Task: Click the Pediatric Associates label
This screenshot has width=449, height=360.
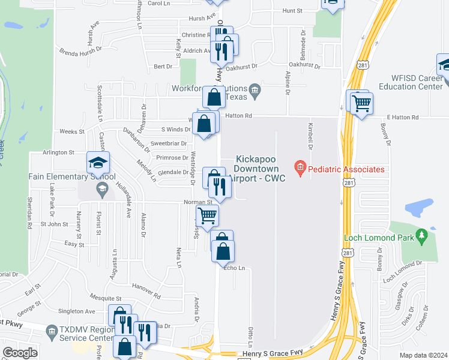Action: [x=347, y=170]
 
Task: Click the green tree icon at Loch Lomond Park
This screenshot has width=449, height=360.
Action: [x=421, y=233]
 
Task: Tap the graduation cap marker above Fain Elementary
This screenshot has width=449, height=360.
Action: [x=98, y=163]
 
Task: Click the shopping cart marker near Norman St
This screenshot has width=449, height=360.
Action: [x=207, y=215]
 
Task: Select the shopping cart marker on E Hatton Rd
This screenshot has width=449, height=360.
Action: [x=361, y=103]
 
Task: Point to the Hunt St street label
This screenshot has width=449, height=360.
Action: [x=292, y=11]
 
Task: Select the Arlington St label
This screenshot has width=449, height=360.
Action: [x=58, y=153]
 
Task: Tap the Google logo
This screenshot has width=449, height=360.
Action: [x=20, y=353]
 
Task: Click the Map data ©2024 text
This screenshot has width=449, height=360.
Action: [x=423, y=355]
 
